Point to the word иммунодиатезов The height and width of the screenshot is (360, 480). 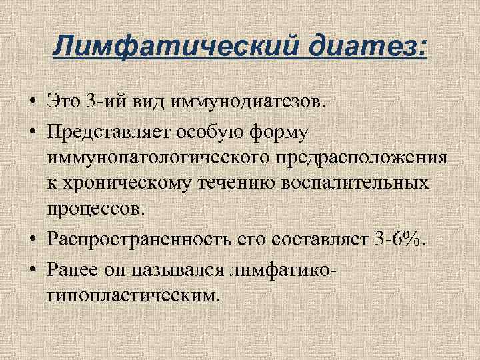pos(250,103)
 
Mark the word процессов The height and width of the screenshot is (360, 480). pos(95,210)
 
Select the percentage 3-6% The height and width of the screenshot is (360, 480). pos(399,239)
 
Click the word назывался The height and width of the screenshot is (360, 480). pos(167,267)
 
